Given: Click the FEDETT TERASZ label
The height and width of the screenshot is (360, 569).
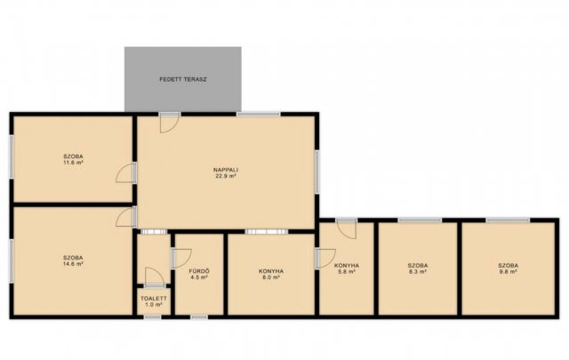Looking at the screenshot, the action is tap(183, 79).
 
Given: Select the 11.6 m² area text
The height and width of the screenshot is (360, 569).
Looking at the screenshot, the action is tap(73, 163).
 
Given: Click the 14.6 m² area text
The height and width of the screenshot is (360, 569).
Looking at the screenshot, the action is tap(73, 264).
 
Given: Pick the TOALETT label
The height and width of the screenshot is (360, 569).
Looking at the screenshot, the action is tap(154, 299).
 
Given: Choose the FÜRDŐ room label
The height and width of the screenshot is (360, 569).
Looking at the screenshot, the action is tap(199, 271).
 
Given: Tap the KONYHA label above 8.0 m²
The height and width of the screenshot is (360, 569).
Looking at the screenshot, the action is tap(271, 271).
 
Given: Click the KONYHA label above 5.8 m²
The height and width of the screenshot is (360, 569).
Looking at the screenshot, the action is tap(346, 265).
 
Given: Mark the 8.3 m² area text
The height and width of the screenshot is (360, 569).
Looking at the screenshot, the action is tap(417, 271).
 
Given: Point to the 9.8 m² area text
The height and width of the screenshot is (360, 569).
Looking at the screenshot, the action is tap(508, 271).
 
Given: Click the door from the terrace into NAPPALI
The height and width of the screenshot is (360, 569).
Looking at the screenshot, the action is tap(170, 123).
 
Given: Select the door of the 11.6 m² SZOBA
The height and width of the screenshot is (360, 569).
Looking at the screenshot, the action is tap(125, 172).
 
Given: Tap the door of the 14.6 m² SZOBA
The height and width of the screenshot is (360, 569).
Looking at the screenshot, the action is tap(125, 217).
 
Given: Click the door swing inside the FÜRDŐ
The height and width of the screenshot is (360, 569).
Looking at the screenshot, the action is tap(181, 258).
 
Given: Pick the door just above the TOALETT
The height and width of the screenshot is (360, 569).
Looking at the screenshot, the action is tap(155, 277).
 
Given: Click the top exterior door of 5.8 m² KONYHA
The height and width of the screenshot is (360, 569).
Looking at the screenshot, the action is tap(346, 228).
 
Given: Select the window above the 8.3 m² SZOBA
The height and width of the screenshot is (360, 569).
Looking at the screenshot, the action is tap(420, 220).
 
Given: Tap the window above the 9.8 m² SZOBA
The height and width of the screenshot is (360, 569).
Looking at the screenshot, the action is tap(508, 220).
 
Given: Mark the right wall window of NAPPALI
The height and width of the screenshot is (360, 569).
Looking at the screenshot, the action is tap(317, 172).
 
